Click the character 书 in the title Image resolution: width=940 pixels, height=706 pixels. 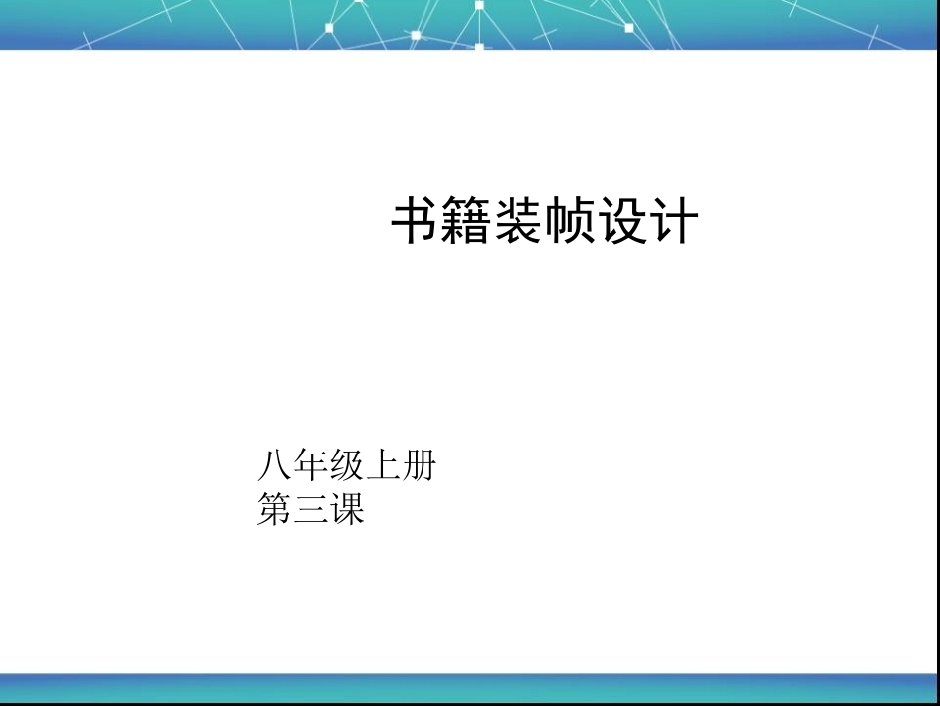click(417, 221)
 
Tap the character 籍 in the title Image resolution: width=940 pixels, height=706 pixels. click(467, 221)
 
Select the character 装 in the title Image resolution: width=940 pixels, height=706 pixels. click(518, 221)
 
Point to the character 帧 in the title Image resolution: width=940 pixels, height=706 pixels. click(570, 221)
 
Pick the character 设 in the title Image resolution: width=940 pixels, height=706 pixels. click(621, 221)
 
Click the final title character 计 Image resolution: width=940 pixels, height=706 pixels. click(673, 221)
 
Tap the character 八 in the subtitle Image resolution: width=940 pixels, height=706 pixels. click(274, 464)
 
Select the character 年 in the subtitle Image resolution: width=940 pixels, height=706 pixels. click(311, 464)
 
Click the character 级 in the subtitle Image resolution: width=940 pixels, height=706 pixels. click(346, 464)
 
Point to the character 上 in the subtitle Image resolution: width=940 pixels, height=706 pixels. click(383, 464)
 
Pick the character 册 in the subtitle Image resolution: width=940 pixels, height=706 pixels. click(419, 464)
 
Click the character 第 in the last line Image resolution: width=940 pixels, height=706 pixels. click(274, 509)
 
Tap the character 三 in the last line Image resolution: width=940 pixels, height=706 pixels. click(311, 509)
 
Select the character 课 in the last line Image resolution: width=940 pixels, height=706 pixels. click(347, 509)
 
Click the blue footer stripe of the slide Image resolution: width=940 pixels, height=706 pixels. click(470, 687)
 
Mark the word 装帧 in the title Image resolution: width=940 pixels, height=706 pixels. click(544, 221)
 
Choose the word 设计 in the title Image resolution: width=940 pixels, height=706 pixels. click(647, 221)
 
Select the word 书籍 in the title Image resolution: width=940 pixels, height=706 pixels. click(441, 221)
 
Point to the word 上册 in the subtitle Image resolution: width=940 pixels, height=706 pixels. click(401, 464)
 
